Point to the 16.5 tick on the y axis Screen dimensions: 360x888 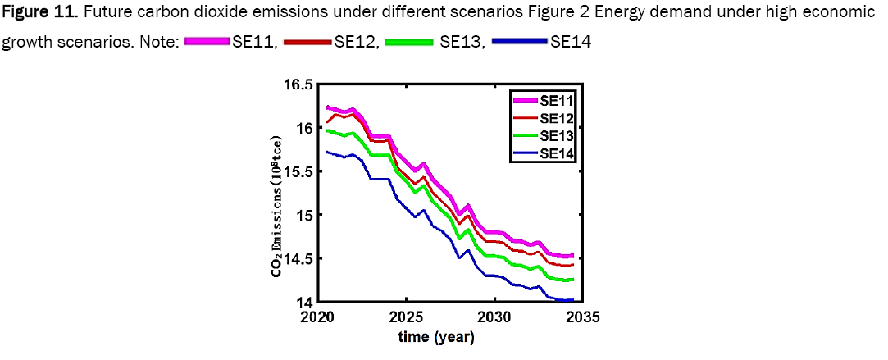298,84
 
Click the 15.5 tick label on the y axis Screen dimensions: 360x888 298,171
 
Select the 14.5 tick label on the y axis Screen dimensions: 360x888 298,258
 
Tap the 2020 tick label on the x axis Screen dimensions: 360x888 319,317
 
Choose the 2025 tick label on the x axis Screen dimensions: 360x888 406,317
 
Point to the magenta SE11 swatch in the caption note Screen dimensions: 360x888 205,43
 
